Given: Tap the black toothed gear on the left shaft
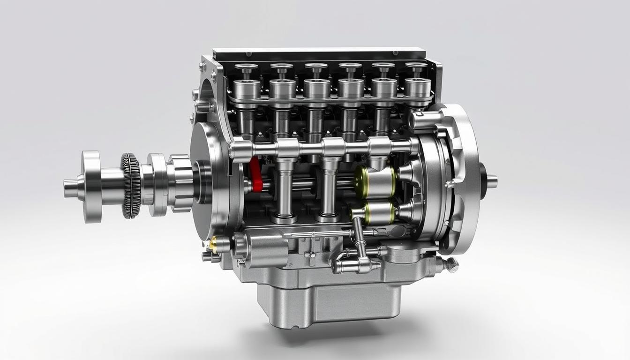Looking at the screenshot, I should (131, 185).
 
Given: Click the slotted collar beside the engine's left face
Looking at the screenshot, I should (180, 182).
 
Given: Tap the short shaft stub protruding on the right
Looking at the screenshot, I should (492, 181).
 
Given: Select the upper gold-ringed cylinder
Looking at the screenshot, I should (375, 181).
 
